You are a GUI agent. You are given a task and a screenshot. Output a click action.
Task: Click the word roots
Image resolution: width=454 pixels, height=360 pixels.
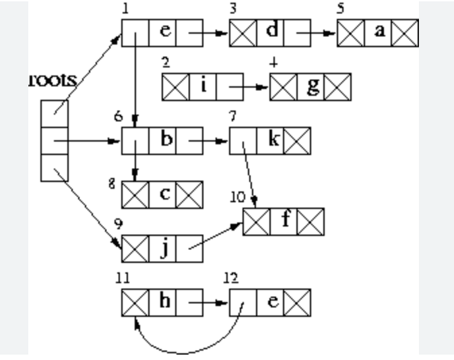pyautogui.click(x=53, y=80)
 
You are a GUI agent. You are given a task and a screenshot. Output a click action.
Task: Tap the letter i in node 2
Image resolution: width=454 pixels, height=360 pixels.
pyautogui.click(x=203, y=86)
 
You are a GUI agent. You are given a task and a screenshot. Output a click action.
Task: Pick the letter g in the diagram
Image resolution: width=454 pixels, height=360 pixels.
pyautogui.click(x=311, y=86)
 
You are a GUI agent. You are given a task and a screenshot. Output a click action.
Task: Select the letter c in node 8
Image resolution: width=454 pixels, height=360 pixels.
pyautogui.click(x=163, y=194)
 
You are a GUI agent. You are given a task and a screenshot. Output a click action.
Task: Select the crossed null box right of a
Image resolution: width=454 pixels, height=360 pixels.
pyautogui.click(x=405, y=33)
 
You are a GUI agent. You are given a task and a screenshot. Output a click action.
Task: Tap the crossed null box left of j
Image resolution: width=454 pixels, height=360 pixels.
pyautogui.click(x=135, y=249)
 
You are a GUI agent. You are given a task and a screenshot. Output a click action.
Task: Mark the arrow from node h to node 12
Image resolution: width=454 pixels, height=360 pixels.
pyautogui.click(x=209, y=303)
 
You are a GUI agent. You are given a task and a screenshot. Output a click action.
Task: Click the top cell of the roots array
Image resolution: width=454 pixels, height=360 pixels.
pyautogui.click(x=54, y=114)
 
